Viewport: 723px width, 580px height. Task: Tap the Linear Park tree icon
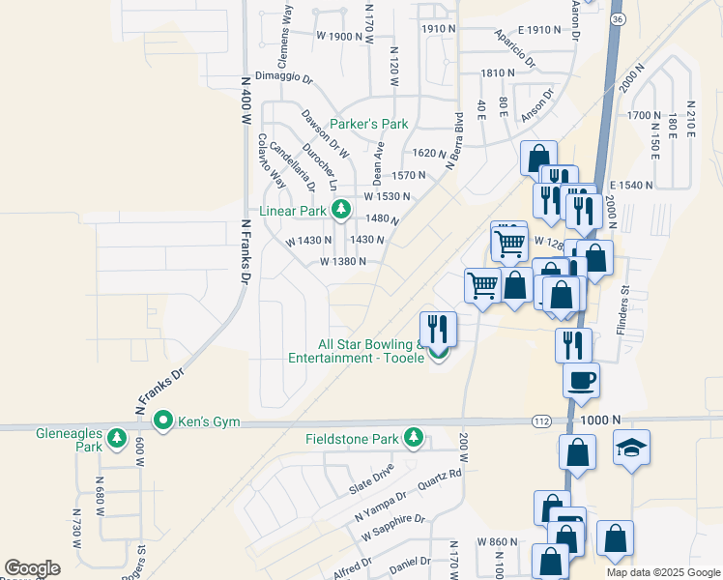(340, 210)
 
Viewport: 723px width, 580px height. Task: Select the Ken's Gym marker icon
(163, 421)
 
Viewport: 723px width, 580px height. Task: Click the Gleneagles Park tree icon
(118, 439)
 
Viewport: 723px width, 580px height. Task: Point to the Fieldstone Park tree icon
(414, 438)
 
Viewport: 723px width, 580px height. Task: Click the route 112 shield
(543, 421)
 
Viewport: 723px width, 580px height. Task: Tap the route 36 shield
(618, 19)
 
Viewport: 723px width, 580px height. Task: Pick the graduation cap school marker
(632, 447)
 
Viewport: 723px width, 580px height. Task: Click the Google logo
(32, 568)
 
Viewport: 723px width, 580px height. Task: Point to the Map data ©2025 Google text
(663, 572)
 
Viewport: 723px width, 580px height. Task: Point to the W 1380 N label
(343, 261)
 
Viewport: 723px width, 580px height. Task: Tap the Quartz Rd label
(440, 479)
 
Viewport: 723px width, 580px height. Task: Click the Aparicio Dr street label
(514, 47)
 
